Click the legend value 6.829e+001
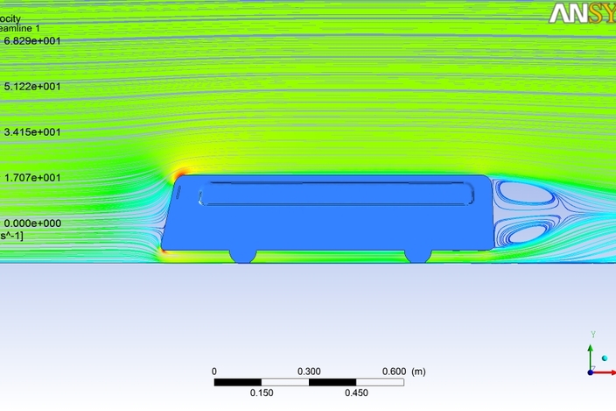click(x=32, y=41)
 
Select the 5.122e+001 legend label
click(x=32, y=87)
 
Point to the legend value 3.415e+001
click(x=32, y=132)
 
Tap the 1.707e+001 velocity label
click(x=32, y=178)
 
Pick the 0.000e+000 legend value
click(x=32, y=223)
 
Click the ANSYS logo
click(x=582, y=13)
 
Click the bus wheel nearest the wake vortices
click(x=416, y=253)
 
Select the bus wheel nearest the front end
click(x=242, y=253)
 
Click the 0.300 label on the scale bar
click(x=309, y=372)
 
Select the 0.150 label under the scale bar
click(x=262, y=393)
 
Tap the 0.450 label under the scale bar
click(x=356, y=393)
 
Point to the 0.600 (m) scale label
click(x=403, y=372)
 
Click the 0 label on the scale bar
click(x=214, y=372)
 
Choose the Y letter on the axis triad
click(x=593, y=335)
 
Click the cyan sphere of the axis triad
click(x=605, y=358)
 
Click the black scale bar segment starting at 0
click(x=238, y=382)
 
